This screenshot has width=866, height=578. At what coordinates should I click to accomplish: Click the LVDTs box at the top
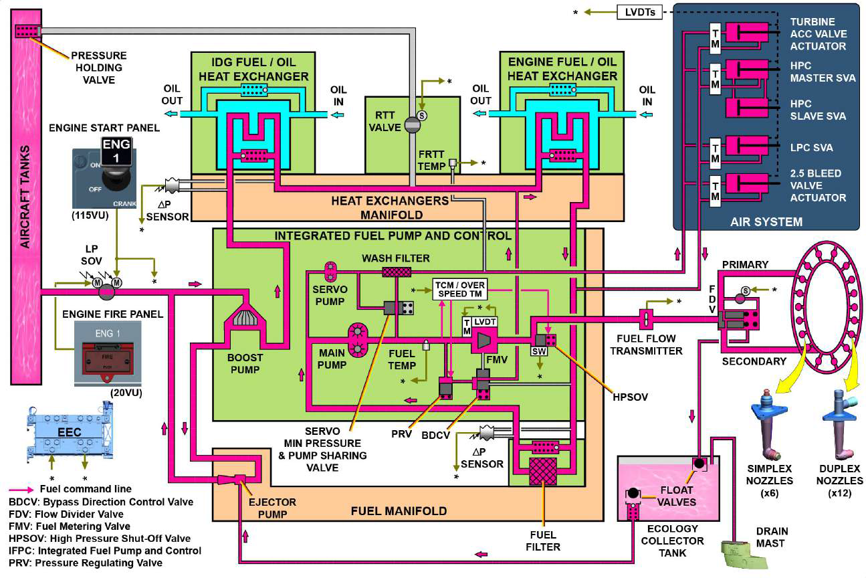(x=639, y=13)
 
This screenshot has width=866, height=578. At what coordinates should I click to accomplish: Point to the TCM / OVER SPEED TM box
(x=459, y=290)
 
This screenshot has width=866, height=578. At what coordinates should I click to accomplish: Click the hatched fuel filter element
(x=543, y=471)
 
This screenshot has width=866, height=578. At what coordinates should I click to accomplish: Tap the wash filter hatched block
(x=397, y=272)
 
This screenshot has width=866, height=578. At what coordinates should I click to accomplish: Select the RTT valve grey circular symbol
(x=413, y=125)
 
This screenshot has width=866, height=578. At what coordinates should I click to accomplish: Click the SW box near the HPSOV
(x=539, y=351)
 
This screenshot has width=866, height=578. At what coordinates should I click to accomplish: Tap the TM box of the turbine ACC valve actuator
(x=716, y=39)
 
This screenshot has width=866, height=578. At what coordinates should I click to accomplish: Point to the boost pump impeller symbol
(x=245, y=318)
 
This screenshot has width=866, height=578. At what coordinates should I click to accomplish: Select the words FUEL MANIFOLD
(x=399, y=511)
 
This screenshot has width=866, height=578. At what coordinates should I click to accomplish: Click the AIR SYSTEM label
(x=766, y=221)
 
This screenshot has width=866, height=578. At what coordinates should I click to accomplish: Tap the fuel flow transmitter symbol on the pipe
(x=646, y=320)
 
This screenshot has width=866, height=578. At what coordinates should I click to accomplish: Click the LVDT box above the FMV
(x=485, y=322)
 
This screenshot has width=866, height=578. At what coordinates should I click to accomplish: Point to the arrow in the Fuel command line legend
(x=21, y=490)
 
